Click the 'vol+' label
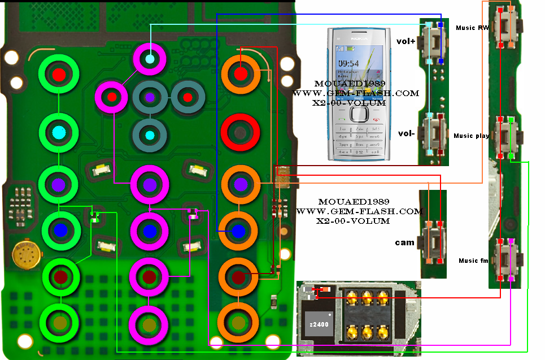406,41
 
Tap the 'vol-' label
406,133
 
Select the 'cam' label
404,242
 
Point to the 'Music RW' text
472,28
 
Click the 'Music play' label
471,136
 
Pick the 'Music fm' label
472,261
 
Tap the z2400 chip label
319,324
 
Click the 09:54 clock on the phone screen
348,63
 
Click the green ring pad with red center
59,74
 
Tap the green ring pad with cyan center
59,133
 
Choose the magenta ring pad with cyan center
150,59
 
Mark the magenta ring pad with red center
112,97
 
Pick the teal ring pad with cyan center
149,135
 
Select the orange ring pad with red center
241,73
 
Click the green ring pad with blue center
60,229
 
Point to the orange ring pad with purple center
240,184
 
